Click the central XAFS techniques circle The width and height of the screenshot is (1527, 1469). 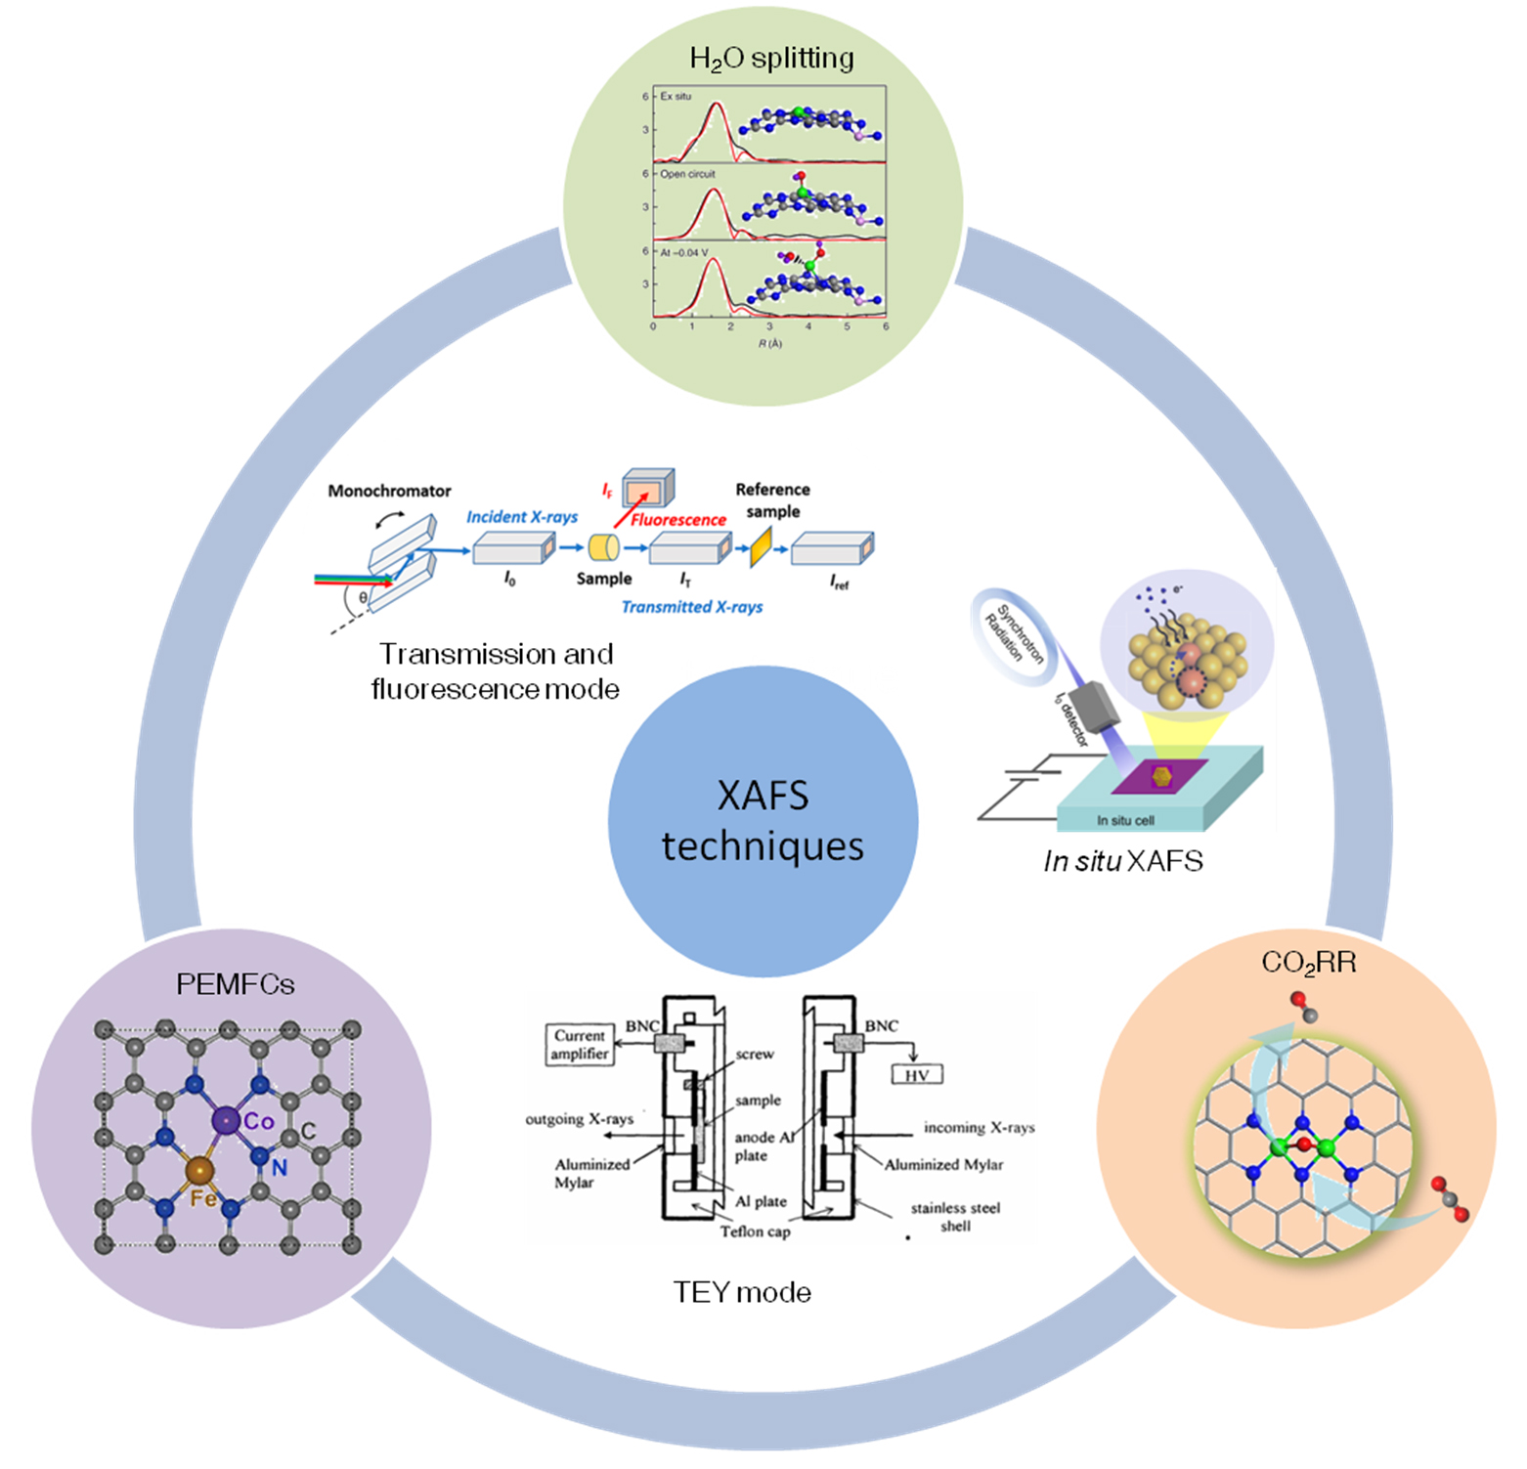point(763,821)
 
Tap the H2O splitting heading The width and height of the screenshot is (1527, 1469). point(771,59)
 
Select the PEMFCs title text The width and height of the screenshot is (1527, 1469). point(235,984)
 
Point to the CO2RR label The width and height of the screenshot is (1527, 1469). point(1308,963)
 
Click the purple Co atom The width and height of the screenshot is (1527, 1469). point(226,1120)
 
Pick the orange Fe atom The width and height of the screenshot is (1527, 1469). point(199,1170)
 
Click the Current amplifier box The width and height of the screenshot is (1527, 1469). point(580,1044)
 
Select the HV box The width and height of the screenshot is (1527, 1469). point(916,1075)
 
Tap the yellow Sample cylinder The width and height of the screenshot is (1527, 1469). point(604,547)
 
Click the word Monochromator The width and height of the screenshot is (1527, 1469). point(389,491)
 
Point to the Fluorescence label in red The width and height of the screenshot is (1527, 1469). point(677,520)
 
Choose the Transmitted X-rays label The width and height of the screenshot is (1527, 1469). point(692,607)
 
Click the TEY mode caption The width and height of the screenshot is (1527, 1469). point(742,1293)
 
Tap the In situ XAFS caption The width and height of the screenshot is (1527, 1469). point(1123,861)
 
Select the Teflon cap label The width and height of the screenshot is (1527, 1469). point(755,1231)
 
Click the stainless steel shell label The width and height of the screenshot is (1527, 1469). point(955,1217)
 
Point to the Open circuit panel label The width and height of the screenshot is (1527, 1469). point(687,174)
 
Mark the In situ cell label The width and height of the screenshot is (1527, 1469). point(1125,820)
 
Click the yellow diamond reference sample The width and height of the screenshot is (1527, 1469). point(760,547)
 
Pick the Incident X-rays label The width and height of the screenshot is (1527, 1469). point(522,517)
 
